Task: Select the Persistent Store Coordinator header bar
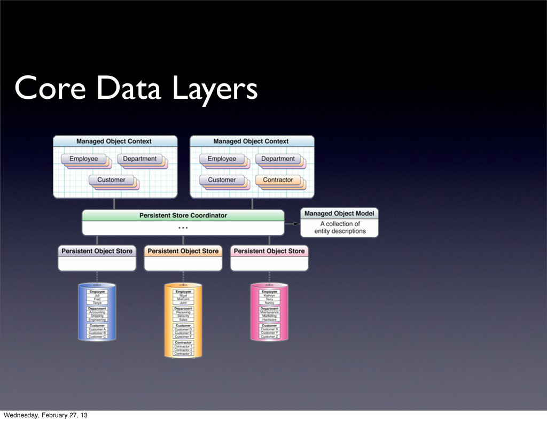point(183,215)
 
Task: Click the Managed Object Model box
point(339,222)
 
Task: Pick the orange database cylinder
point(183,320)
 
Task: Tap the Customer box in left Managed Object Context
point(111,180)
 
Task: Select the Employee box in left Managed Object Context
point(83,159)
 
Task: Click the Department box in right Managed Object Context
point(278,159)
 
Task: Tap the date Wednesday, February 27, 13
point(46,415)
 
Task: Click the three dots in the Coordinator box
point(183,228)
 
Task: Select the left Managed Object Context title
point(114,142)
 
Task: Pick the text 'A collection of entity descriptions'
point(340,228)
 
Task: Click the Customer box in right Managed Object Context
point(222,180)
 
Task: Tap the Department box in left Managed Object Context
point(140,159)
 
